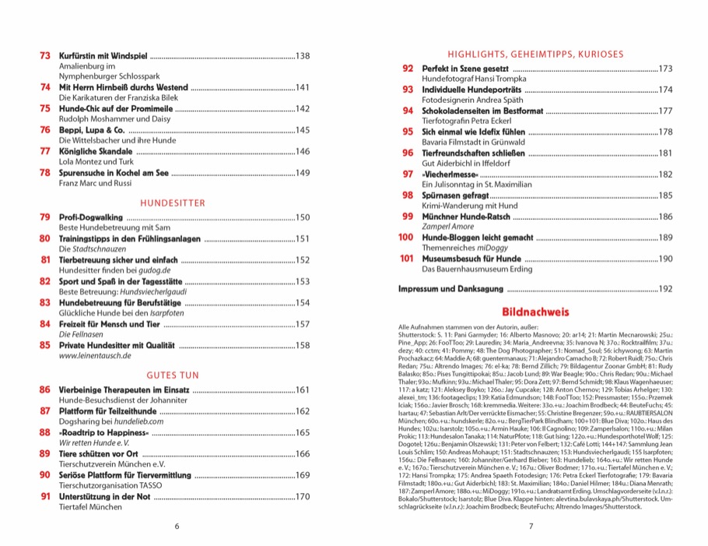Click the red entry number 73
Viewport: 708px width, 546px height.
pyautogui.click(x=44, y=56)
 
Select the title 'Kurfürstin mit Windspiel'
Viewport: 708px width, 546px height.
pyautogui.click(x=102, y=56)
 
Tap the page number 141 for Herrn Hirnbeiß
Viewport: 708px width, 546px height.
pyautogui.click(x=303, y=87)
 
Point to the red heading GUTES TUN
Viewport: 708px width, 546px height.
pyautogui.click(x=173, y=375)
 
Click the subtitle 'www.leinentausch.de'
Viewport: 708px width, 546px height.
pyautogui.click(x=95, y=355)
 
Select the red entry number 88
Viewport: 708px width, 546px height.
pyautogui.click(x=44, y=432)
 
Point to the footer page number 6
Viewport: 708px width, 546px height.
pyautogui.click(x=177, y=526)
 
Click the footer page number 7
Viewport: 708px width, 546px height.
pyautogui.click(x=531, y=526)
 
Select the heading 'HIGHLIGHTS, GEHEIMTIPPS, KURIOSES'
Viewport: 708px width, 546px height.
pyautogui.click(x=535, y=55)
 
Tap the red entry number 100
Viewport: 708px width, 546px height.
pyautogui.click(x=405, y=237)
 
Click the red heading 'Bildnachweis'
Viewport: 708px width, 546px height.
pyautogui.click(x=531, y=311)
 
